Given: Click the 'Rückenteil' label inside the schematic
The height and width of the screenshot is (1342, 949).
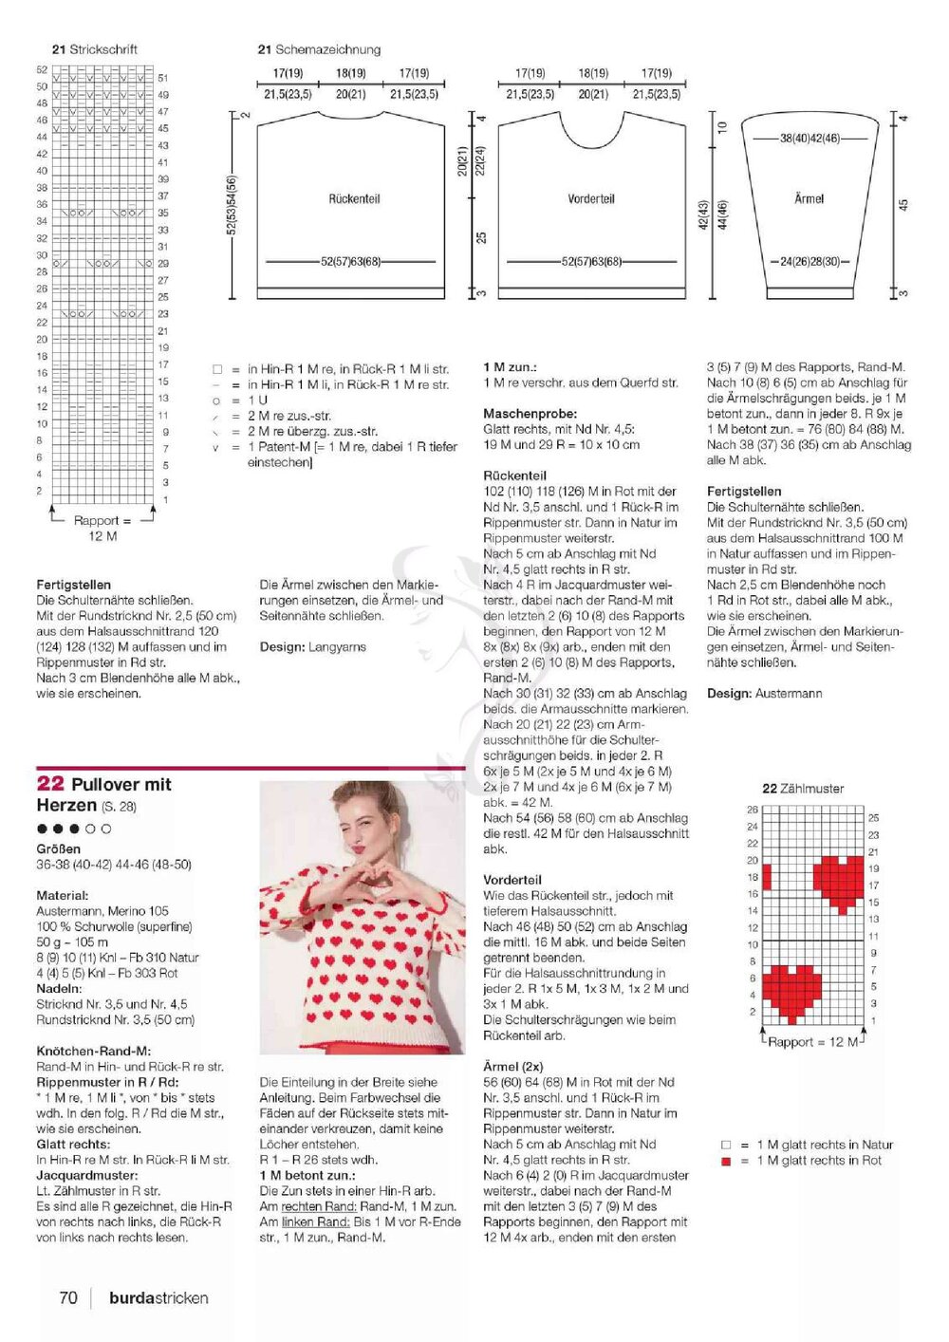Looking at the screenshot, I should coord(354,199).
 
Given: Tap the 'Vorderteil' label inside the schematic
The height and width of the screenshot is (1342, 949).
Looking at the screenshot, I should coord(591,199).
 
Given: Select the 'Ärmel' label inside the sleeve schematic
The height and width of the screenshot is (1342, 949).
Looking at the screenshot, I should coord(809,198).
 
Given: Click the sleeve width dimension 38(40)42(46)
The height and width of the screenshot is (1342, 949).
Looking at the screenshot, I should coord(809,139).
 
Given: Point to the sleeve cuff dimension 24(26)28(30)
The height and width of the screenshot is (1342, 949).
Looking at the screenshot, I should coord(809,261).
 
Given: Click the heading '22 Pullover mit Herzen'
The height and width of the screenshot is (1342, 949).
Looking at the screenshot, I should coord(104,794).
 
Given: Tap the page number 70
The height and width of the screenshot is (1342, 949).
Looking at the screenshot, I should coord(68,1297).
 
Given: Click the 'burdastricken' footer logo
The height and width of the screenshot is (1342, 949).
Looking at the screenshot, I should coord(158,1297).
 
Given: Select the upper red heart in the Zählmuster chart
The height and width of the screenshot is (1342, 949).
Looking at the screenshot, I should coord(838,880).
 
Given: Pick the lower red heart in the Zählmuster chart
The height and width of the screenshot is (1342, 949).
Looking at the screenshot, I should coord(791,989).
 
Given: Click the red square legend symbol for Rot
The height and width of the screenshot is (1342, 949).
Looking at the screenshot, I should coord(727,1161).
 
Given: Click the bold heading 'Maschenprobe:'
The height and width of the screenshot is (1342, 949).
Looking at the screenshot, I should coord(530,414).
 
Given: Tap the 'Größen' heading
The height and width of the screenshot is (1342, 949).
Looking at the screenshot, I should coord(59,848).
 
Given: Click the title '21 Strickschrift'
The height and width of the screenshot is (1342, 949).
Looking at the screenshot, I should coord(95,49).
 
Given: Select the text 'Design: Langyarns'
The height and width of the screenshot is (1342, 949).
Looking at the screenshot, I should coord(312,647).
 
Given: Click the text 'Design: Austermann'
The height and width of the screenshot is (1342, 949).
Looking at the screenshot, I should coord(764,694).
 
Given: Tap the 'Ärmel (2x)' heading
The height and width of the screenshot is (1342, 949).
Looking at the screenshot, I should coord(513,1066).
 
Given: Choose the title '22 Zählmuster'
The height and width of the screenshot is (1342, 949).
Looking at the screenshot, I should coord(803,789).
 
